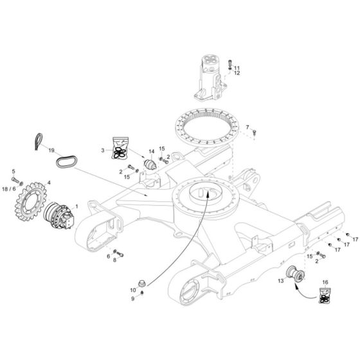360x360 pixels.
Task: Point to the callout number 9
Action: (x=133, y=298)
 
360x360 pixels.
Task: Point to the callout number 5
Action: (x=13, y=171)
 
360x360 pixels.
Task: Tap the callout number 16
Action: (x=325, y=282)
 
